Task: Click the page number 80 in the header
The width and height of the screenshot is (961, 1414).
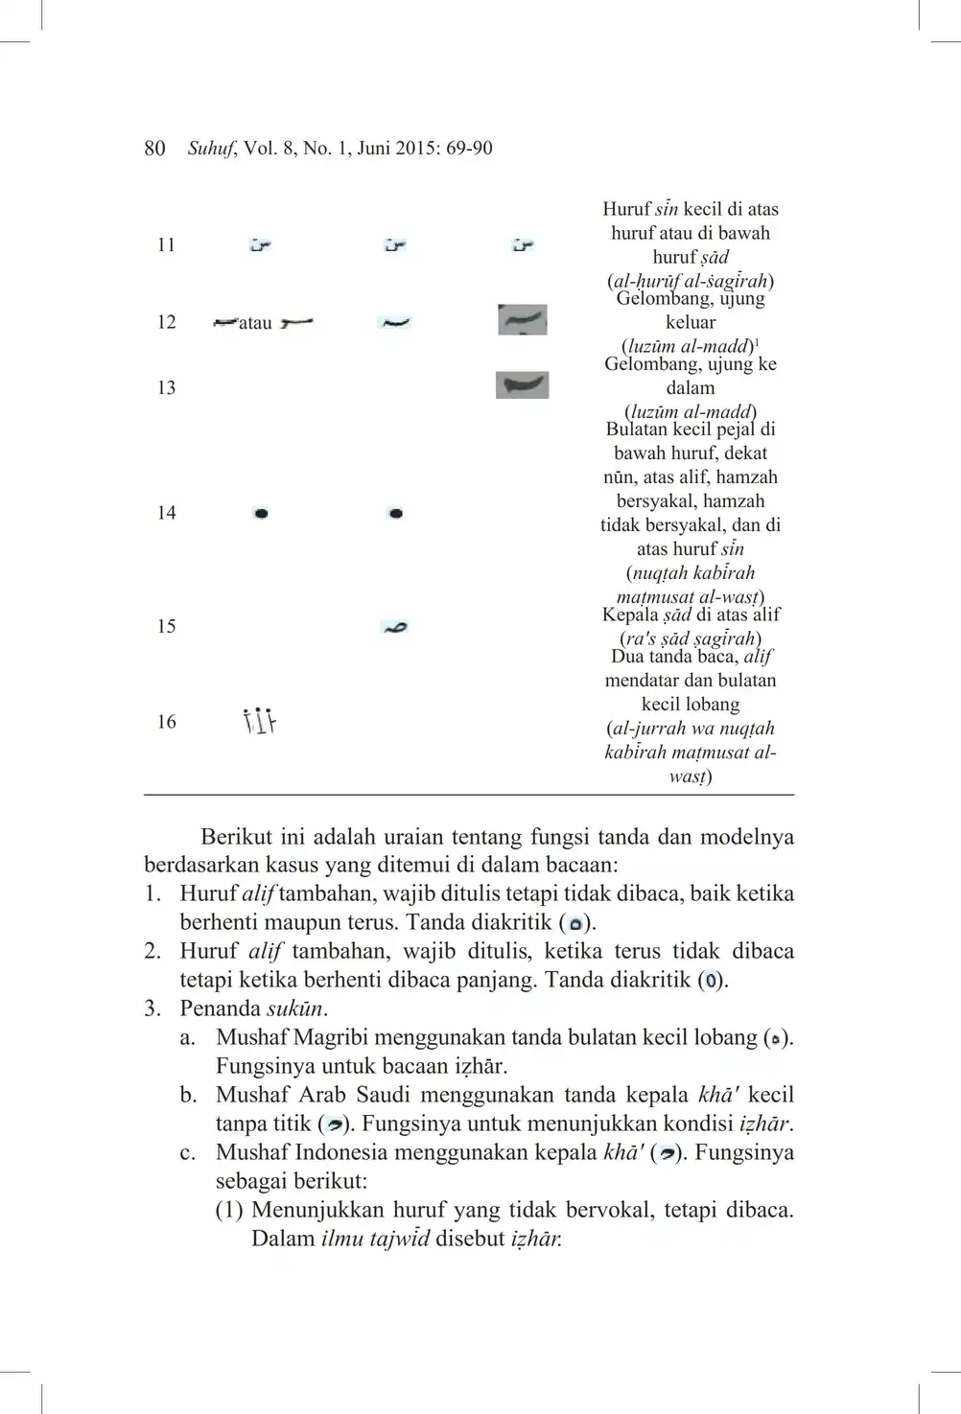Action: tap(154, 149)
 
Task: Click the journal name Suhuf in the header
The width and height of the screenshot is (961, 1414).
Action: tap(210, 149)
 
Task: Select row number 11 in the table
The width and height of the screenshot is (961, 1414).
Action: tap(166, 245)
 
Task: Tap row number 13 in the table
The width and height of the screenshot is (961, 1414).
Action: tap(166, 388)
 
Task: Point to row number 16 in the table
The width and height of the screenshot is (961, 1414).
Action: tap(166, 722)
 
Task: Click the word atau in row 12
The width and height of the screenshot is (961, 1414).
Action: tap(255, 324)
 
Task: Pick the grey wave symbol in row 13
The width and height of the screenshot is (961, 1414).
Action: tap(522, 385)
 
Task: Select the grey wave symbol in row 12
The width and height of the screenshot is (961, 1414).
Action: tap(523, 320)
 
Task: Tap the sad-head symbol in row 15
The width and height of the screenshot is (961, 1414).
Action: tap(394, 627)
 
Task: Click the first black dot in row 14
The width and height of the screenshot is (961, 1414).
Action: tap(261, 514)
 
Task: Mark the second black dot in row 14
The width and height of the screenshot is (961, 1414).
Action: tap(395, 514)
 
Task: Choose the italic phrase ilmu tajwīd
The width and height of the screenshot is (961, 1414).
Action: tap(374, 1239)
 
